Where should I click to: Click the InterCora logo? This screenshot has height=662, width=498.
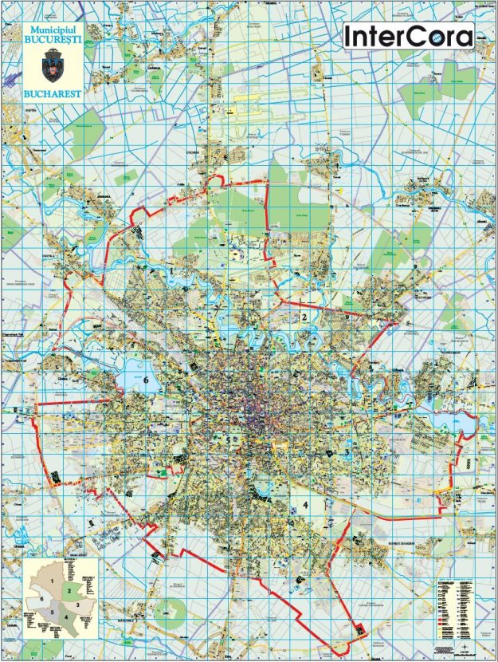point(408,35)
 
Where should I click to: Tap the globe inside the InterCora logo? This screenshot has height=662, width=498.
point(463,36)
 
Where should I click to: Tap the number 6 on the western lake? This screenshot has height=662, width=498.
point(146,380)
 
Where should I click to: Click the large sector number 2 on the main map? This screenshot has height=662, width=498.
point(304,317)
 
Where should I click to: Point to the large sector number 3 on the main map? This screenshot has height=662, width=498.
point(347,454)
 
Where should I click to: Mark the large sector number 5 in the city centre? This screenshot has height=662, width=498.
point(228,439)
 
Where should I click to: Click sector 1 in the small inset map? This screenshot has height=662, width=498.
point(53,581)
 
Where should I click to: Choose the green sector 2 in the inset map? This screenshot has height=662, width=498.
point(70,591)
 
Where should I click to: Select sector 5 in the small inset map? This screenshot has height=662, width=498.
point(53,613)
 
